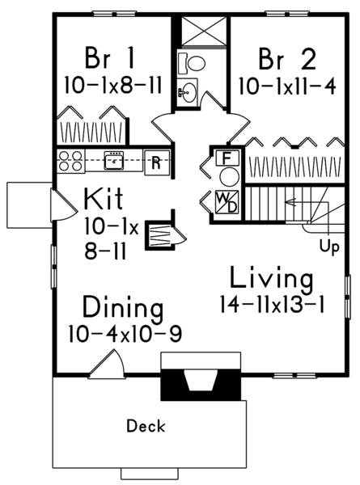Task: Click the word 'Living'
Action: (270, 279)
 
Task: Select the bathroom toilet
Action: (190, 61)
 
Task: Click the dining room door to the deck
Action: (106, 365)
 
